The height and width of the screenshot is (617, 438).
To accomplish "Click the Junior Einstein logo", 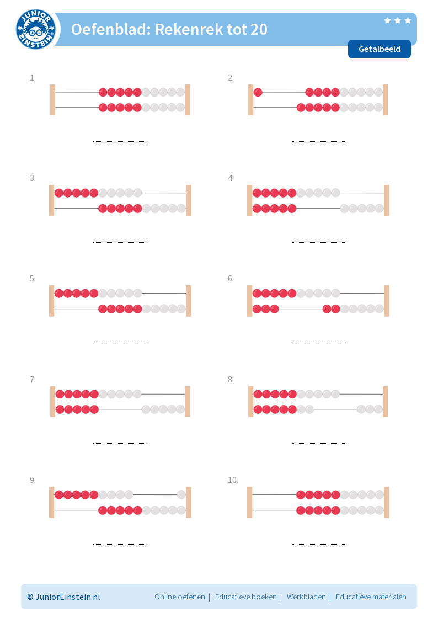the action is [x=35, y=29].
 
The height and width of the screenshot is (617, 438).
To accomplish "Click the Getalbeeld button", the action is [x=380, y=49].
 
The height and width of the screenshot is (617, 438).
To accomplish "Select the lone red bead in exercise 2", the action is [x=258, y=93].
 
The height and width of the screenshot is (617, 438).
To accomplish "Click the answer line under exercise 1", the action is [x=120, y=141].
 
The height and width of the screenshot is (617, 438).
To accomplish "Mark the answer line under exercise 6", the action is [x=318, y=343].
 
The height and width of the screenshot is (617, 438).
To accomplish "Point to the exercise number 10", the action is [x=233, y=480].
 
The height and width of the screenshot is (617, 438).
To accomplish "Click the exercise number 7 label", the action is [x=33, y=380].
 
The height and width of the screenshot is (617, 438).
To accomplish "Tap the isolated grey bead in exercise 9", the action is [x=181, y=494].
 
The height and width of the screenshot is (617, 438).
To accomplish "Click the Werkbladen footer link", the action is [x=306, y=597].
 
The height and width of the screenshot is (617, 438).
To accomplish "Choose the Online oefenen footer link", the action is [x=180, y=597].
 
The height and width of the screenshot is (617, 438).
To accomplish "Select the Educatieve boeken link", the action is [x=245, y=597].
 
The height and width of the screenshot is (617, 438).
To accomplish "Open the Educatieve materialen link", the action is [x=371, y=597].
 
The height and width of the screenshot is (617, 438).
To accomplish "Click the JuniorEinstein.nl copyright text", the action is [x=63, y=597].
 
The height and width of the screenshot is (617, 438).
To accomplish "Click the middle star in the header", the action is [x=398, y=20].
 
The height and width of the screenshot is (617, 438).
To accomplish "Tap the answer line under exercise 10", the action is [x=318, y=544].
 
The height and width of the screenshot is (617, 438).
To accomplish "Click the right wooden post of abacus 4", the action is [x=387, y=201].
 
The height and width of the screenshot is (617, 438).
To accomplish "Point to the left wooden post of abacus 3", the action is [x=51, y=201].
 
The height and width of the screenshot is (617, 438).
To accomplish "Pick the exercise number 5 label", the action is [x=33, y=279].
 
